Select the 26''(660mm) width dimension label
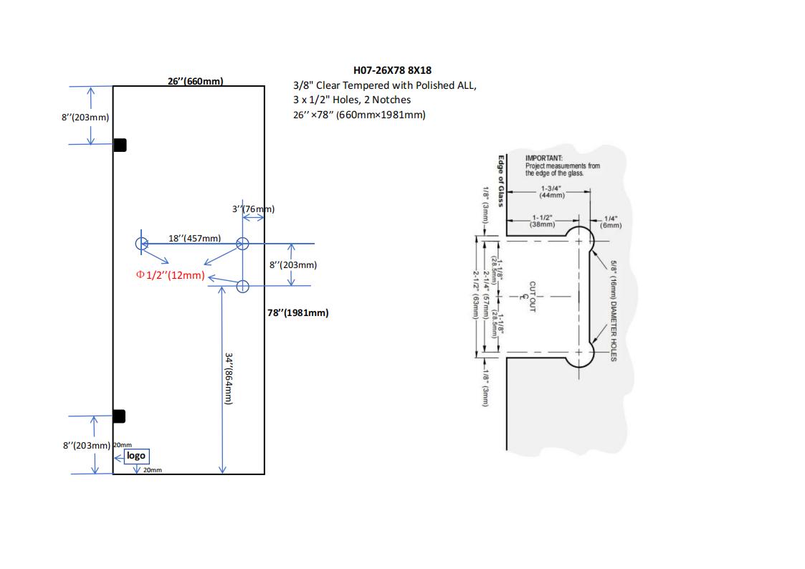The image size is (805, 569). pyautogui.click(x=195, y=81)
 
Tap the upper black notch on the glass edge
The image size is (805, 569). pyautogui.click(x=120, y=145)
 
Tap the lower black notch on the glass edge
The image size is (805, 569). pyautogui.click(x=119, y=416)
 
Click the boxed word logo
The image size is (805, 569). pyautogui.click(x=136, y=456)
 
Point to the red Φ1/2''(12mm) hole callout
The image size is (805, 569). pyautogui.click(x=170, y=275)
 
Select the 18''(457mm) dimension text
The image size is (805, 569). pyautogui.click(x=194, y=238)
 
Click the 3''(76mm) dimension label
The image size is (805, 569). pyautogui.click(x=253, y=209)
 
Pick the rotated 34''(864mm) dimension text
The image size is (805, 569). pyautogui.click(x=229, y=379)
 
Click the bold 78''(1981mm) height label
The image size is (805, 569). pyautogui.click(x=297, y=312)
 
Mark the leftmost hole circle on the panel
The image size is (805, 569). pyautogui.click(x=141, y=244)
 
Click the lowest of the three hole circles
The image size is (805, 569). pyautogui.click(x=242, y=287)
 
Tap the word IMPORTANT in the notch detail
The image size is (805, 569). pyautogui.click(x=543, y=158)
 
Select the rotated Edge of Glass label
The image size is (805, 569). pyautogui.click(x=501, y=181)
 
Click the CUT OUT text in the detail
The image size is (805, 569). pyautogui.click(x=533, y=296)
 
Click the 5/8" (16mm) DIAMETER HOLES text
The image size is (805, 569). pyautogui.click(x=614, y=310)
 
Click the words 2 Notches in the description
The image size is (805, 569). pyautogui.click(x=392, y=100)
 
